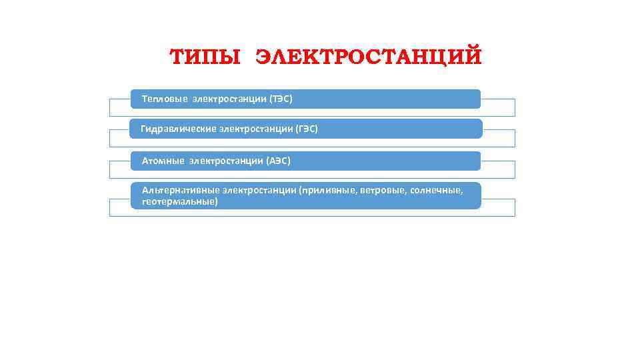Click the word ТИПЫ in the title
click(205, 57)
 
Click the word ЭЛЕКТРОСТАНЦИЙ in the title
click(368, 57)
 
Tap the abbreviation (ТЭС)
click(280, 99)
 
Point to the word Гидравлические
click(177, 129)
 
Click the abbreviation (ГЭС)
click(306, 129)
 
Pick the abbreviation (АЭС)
click(278, 161)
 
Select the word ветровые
click(382, 191)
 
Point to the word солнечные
click(436, 191)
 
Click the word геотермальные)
click(180, 201)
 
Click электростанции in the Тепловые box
click(229, 99)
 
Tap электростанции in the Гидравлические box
click(255, 129)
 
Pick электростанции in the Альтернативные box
click(259, 191)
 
